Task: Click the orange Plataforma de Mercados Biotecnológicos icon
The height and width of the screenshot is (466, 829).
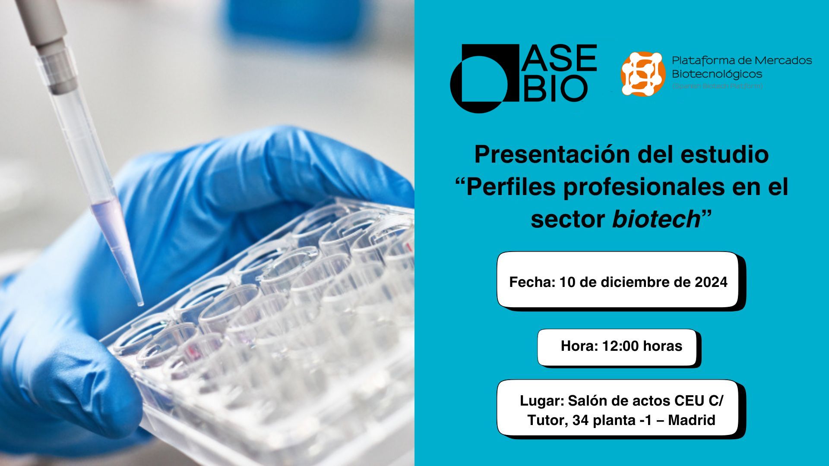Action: click(x=642, y=73)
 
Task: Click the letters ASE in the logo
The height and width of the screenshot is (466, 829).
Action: click(x=559, y=58)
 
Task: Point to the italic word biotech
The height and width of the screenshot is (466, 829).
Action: click(x=656, y=219)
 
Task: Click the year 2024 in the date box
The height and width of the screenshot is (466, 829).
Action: click(x=711, y=282)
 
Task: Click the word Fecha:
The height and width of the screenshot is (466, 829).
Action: click(x=532, y=282)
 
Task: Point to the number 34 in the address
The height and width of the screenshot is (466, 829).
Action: click(x=580, y=420)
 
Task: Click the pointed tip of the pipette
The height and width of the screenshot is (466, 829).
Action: click(x=140, y=304)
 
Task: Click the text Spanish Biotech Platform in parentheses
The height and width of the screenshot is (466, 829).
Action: click(x=717, y=86)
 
